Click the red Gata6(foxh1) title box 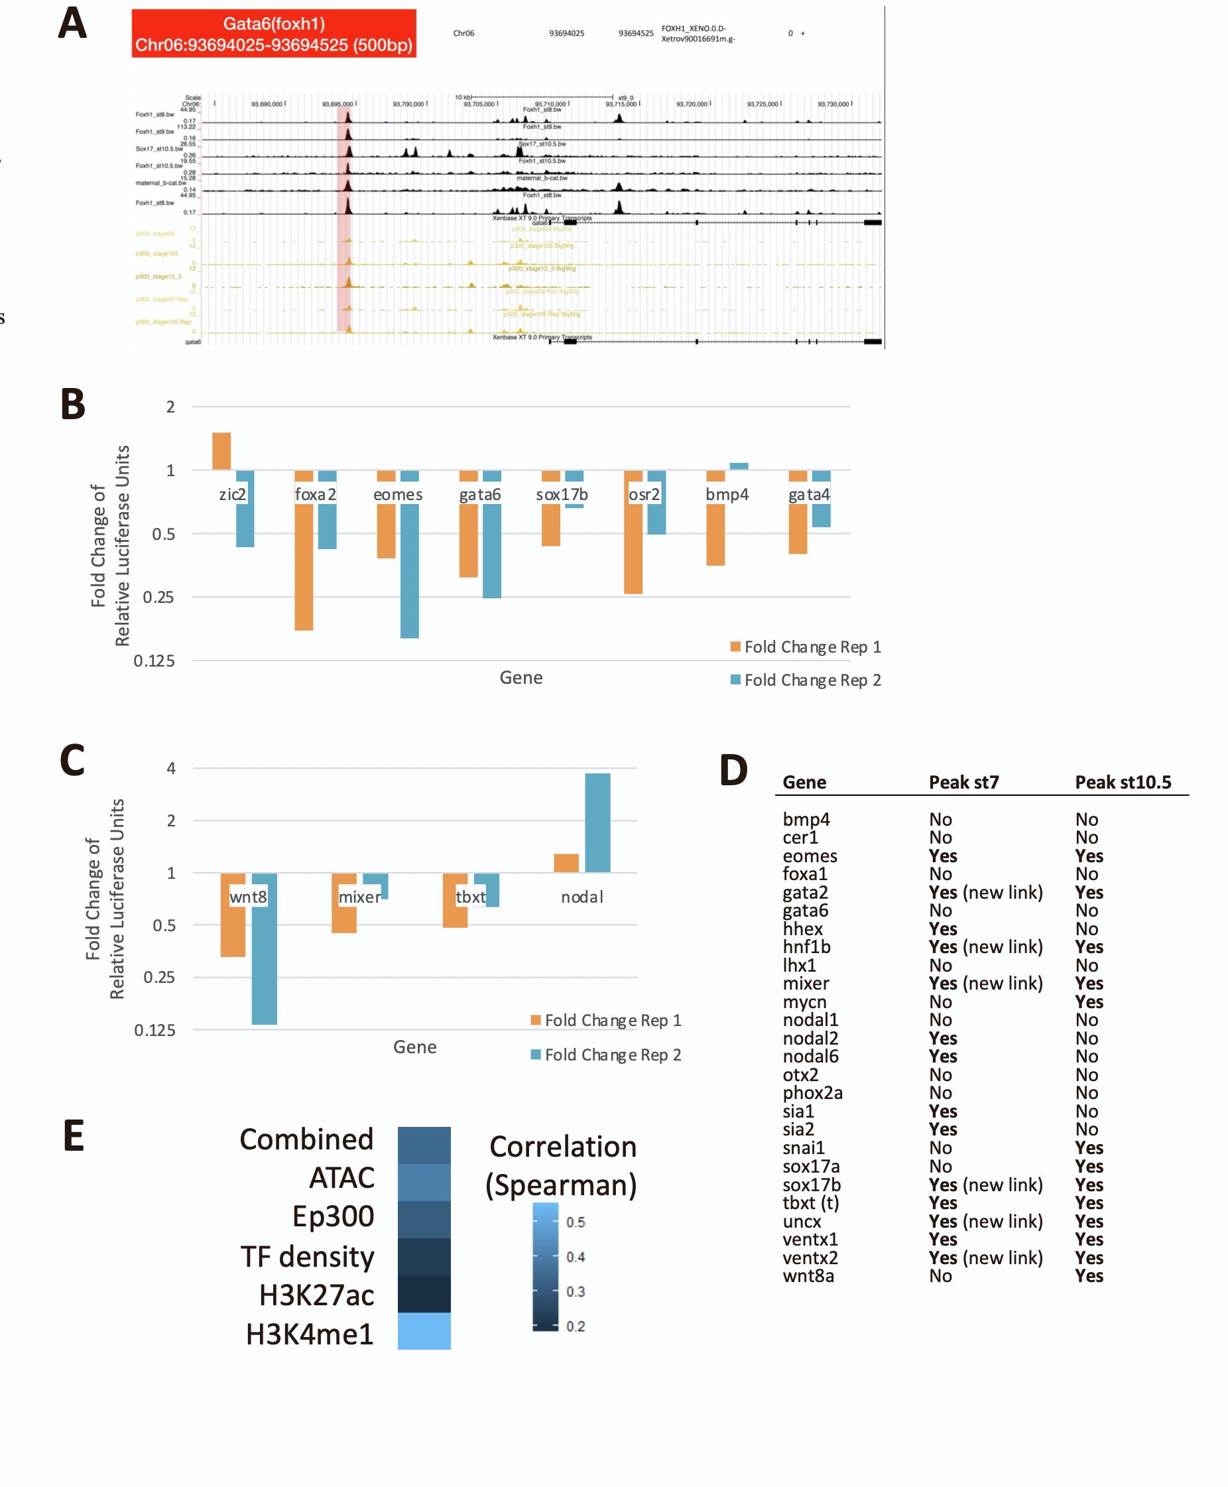tap(274, 33)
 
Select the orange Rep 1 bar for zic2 tap(221, 451)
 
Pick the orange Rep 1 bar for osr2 tap(633, 532)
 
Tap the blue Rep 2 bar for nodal tap(597, 822)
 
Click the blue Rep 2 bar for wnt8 tap(265, 948)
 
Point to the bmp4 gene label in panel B tap(727, 495)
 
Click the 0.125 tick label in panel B tap(154, 661)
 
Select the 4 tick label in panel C tap(170, 768)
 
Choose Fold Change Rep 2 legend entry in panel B tap(806, 680)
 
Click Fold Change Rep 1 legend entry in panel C tap(606, 1020)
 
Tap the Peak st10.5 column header tap(1123, 783)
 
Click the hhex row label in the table tap(803, 929)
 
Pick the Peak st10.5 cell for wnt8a tap(1089, 1275)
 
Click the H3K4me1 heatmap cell tap(424, 1330)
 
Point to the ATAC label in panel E tap(341, 1178)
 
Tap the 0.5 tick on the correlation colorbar tap(575, 1222)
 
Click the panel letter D tap(733, 771)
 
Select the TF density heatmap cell tap(424, 1256)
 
